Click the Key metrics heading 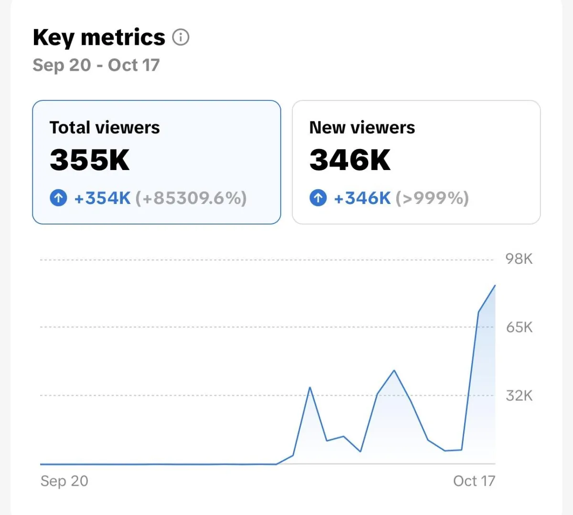(99, 38)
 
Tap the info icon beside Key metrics (180, 37)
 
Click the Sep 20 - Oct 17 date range (96, 65)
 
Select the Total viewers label (105, 128)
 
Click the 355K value (90, 160)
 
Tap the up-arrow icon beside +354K (58, 197)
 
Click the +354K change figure (102, 198)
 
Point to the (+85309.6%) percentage (191, 198)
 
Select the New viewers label (362, 128)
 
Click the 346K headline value (350, 160)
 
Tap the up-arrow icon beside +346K (318, 197)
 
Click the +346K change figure (362, 198)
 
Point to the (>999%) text (432, 198)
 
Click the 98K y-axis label (519, 259)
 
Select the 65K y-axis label (519, 327)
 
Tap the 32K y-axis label (519, 396)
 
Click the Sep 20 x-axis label (64, 481)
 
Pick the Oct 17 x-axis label (474, 481)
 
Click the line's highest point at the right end (495, 286)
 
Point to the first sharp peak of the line (310, 387)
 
